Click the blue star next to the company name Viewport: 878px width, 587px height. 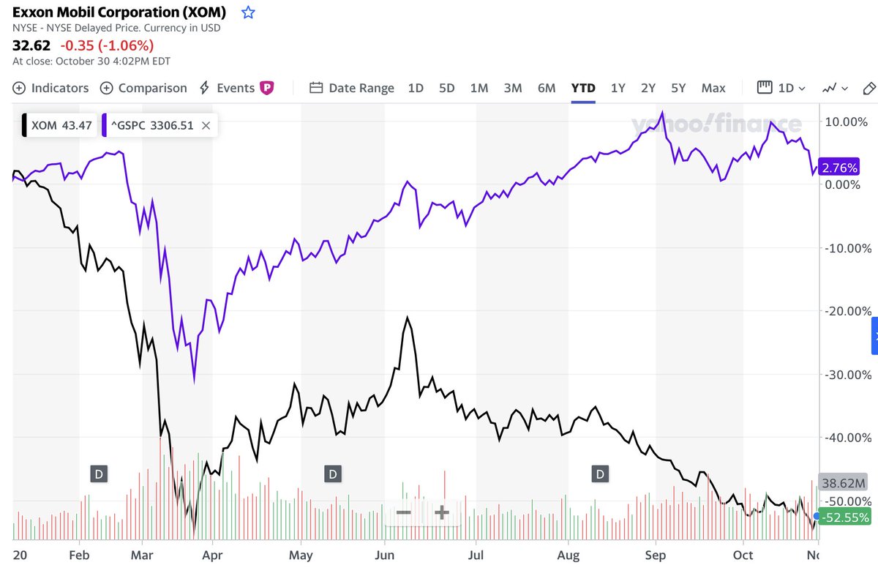(x=248, y=12)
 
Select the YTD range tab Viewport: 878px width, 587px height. (x=583, y=88)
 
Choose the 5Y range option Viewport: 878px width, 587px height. (x=678, y=88)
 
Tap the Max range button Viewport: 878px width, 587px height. (x=713, y=88)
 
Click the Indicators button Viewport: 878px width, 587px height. (x=50, y=88)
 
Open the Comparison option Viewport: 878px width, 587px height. (x=143, y=88)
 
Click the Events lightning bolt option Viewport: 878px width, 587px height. (x=228, y=88)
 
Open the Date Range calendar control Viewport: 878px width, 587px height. (x=352, y=88)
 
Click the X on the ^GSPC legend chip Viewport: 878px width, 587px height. (x=206, y=125)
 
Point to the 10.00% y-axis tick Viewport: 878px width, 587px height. (x=847, y=121)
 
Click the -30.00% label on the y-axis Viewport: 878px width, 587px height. (x=847, y=374)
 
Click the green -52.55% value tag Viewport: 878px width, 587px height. (x=844, y=517)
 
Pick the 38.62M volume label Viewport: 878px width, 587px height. (x=844, y=483)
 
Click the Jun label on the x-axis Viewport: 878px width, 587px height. (x=385, y=556)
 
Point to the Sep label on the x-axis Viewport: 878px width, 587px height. (x=656, y=556)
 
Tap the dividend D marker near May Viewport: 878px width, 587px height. (x=332, y=474)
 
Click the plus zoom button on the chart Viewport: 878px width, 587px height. (x=441, y=512)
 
